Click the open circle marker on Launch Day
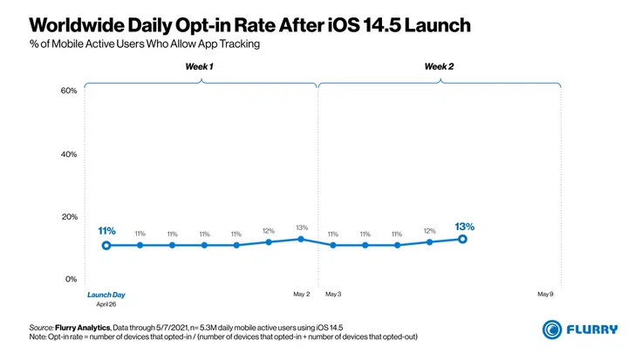[x=106, y=245]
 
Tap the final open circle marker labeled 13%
[x=462, y=239]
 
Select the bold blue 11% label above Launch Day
[x=106, y=231]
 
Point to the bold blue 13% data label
[x=464, y=227]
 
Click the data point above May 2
[x=301, y=239]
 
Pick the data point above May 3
[x=333, y=245]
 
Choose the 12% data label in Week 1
[x=269, y=231]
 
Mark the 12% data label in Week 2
[x=430, y=231]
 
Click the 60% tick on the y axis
[x=69, y=91]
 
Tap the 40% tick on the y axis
[x=69, y=154]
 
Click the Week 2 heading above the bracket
[x=439, y=67]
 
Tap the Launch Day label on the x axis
[x=106, y=295]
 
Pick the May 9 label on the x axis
[x=546, y=295]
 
